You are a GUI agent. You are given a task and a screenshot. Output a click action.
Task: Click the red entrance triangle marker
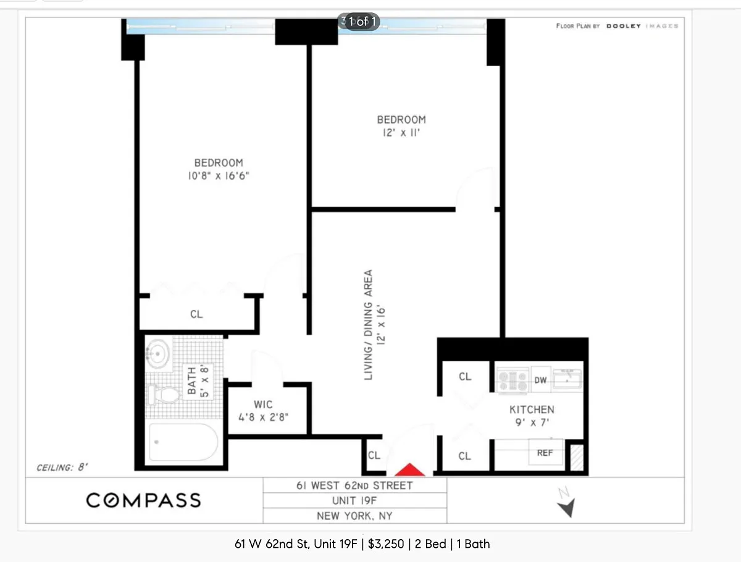[x=409, y=469]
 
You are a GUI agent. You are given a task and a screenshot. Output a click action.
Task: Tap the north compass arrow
[x=567, y=507]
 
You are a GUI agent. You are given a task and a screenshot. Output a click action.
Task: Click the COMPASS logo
[x=144, y=500]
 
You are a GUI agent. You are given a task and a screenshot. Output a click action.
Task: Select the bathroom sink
[x=157, y=354]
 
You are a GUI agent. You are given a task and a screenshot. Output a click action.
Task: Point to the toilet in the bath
[x=164, y=394]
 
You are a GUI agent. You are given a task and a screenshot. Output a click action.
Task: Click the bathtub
[x=183, y=442]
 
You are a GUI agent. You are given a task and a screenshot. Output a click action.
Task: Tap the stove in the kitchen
[x=513, y=380]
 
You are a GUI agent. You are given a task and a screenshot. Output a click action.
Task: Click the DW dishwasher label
[x=540, y=380]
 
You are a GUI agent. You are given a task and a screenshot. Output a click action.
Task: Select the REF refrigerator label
[x=545, y=453]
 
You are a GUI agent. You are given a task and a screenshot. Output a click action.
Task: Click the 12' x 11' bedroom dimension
[x=401, y=133]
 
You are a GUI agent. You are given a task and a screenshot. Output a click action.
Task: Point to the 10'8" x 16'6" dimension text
[x=219, y=176]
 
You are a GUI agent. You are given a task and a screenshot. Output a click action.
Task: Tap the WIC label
[x=263, y=405]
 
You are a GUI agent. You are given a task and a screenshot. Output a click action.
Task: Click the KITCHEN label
[x=532, y=410]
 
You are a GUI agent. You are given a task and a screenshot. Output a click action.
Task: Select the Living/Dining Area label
[x=368, y=325]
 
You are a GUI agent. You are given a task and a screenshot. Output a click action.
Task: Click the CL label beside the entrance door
[x=374, y=455]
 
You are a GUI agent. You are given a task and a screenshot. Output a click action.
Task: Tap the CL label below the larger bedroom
[x=196, y=314]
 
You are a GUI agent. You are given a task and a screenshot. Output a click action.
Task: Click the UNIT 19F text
[x=354, y=501]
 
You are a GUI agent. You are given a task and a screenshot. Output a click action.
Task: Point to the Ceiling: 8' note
[x=62, y=468]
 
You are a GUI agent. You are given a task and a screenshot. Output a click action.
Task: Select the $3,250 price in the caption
[x=386, y=544]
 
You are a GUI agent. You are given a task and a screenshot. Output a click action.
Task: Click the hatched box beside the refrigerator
[x=577, y=458]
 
